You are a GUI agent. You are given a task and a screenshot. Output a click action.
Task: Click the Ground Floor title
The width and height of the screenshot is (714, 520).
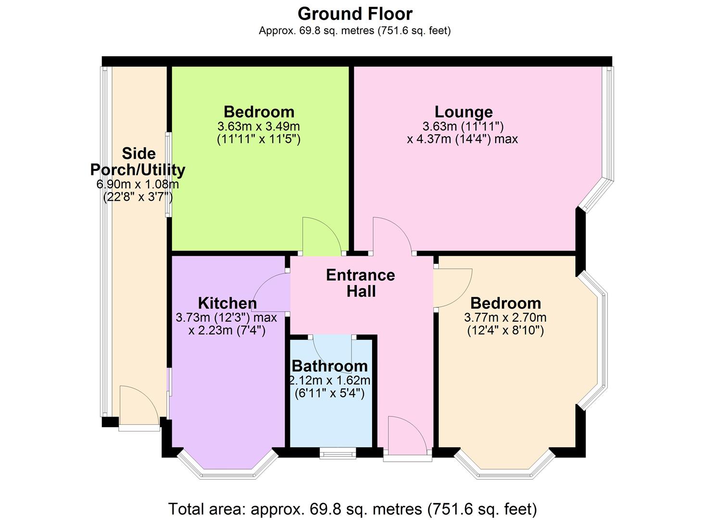coord(354,13)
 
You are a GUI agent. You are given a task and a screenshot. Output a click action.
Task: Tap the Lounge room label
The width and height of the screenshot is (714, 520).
coord(463,112)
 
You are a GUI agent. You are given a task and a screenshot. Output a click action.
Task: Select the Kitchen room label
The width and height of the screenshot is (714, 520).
coord(227,303)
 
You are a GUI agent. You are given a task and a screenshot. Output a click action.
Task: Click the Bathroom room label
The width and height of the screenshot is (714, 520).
coord(329,366)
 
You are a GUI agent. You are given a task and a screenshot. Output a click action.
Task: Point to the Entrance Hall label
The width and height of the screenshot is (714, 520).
coord(361,283)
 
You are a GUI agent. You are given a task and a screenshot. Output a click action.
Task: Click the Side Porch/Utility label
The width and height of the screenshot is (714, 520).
coord(138,162)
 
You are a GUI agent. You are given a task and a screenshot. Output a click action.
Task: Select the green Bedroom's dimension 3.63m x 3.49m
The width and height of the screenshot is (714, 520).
coord(259,127)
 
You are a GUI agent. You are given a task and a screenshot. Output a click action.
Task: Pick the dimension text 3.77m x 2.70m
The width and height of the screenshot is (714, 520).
coord(505,318)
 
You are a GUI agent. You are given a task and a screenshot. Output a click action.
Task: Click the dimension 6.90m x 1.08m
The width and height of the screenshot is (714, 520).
coord(138,184)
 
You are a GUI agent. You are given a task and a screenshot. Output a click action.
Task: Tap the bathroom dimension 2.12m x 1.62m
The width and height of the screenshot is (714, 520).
coord(329,380)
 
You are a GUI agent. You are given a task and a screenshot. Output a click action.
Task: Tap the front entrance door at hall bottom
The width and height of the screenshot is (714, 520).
coord(406,436)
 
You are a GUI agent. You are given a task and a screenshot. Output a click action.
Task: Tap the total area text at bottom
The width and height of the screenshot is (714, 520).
coord(352,508)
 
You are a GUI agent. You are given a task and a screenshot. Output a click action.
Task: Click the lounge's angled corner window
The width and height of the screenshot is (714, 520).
coord(595,195)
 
